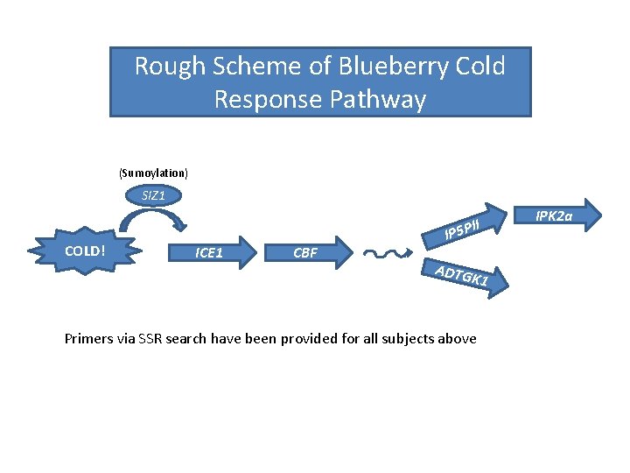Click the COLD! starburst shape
coord(85,251)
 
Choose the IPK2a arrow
coord(560,215)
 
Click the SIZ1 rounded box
coord(153,195)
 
